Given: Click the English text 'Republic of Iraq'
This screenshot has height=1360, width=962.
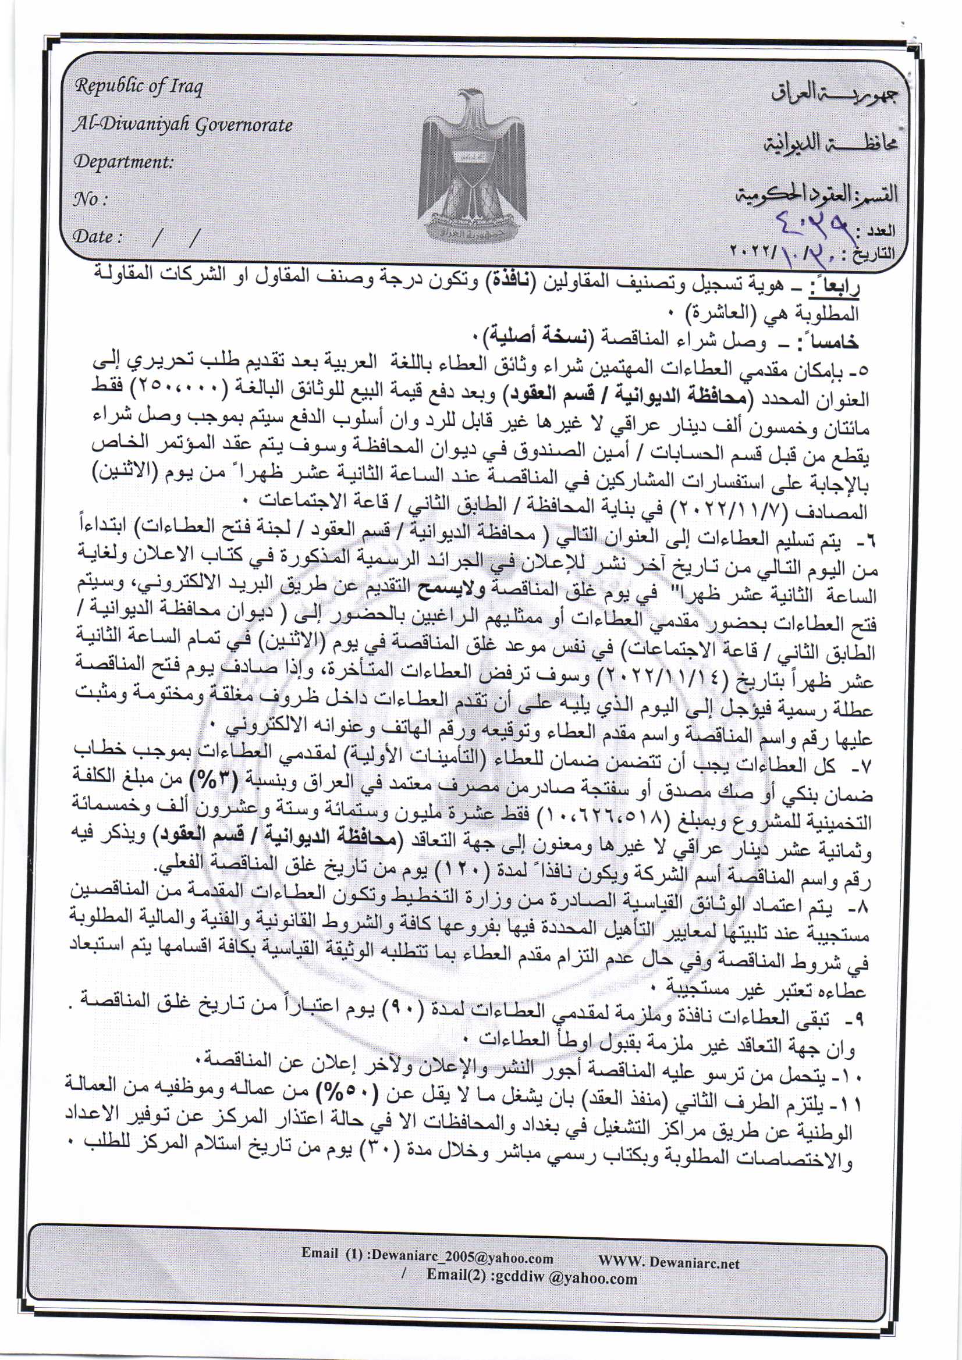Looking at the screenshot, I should [x=139, y=87].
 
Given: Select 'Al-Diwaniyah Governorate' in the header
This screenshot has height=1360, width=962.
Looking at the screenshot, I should [x=183, y=125].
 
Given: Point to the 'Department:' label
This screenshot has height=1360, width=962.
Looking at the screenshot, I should [x=123, y=162].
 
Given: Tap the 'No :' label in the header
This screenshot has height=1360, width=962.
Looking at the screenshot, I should [x=90, y=199].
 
